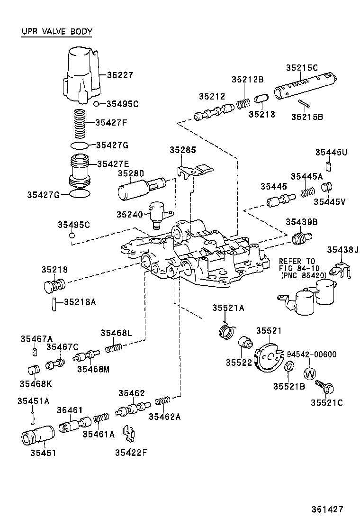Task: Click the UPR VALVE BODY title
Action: (57, 32)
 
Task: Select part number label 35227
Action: (120, 75)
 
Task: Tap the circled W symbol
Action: (309, 373)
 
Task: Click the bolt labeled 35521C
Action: (324, 387)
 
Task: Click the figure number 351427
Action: (327, 509)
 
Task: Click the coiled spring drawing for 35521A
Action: (227, 330)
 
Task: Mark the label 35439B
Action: (301, 222)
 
